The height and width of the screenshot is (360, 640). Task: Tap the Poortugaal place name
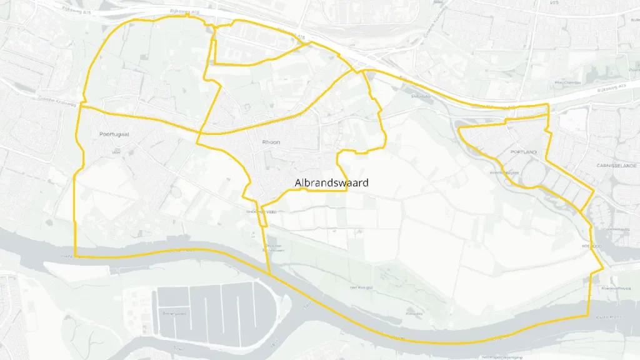coord(114,134)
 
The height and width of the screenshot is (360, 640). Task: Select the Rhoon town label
coord(271,142)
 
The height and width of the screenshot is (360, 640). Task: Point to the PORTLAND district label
coord(523,152)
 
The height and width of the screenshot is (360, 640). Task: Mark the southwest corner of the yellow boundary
coord(76,256)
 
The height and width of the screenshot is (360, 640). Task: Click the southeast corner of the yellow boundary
coord(589,315)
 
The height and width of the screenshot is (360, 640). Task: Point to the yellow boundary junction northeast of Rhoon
coord(362,71)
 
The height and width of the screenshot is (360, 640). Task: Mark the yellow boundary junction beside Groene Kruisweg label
coord(80,106)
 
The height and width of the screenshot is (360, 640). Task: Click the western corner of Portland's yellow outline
coord(459,129)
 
